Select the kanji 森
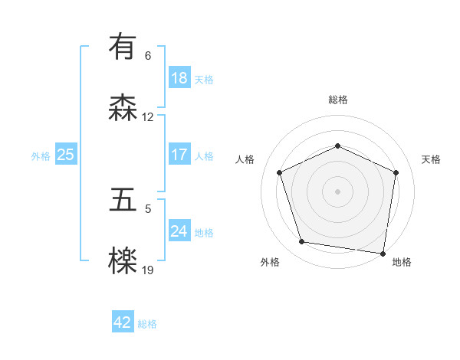point(123,108)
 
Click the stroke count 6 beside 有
point(148,56)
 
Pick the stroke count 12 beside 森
point(148,117)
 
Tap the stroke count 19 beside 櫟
point(148,270)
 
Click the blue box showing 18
point(179,78)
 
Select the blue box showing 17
point(179,155)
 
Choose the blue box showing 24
point(179,231)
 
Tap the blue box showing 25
point(65,155)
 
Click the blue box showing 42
point(123,322)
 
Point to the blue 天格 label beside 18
point(204,80)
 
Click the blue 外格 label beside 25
point(41,156)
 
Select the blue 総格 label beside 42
point(147,324)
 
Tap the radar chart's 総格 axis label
point(337,100)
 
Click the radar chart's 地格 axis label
point(402,262)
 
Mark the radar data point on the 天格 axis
point(396,172)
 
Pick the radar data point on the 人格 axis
point(280,172)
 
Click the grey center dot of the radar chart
point(337,191)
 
